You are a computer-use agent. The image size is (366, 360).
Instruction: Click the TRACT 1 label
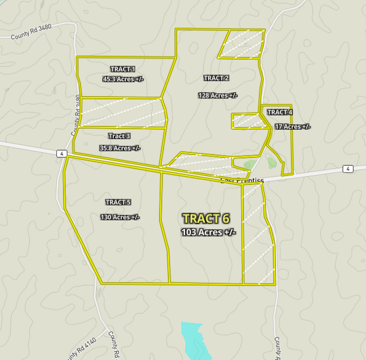pos(123,70)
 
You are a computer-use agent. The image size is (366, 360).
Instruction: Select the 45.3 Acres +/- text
pos(123,79)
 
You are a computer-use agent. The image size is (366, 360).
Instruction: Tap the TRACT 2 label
pos(216,78)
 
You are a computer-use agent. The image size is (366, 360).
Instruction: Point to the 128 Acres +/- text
pos(218,96)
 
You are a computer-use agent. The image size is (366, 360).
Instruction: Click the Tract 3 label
pos(119,136)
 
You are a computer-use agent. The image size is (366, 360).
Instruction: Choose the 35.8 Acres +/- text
pos(120,148)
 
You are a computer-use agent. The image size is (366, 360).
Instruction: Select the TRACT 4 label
pos(280,112)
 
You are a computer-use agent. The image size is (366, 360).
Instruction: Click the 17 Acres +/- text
pos(293,127)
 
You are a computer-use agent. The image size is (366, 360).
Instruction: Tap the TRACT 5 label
pos(118,202)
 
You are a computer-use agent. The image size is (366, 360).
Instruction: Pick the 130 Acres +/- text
pos(120,217)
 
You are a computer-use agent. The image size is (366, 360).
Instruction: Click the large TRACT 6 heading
pos(206,219)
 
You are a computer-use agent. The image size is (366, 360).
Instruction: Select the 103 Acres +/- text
pos(208,233)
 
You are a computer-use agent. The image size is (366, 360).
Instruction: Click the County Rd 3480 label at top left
pos(31,33)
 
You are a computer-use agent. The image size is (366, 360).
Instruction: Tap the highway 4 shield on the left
pos(61,153)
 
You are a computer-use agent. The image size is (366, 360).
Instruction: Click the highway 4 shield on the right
pos(347,169)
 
